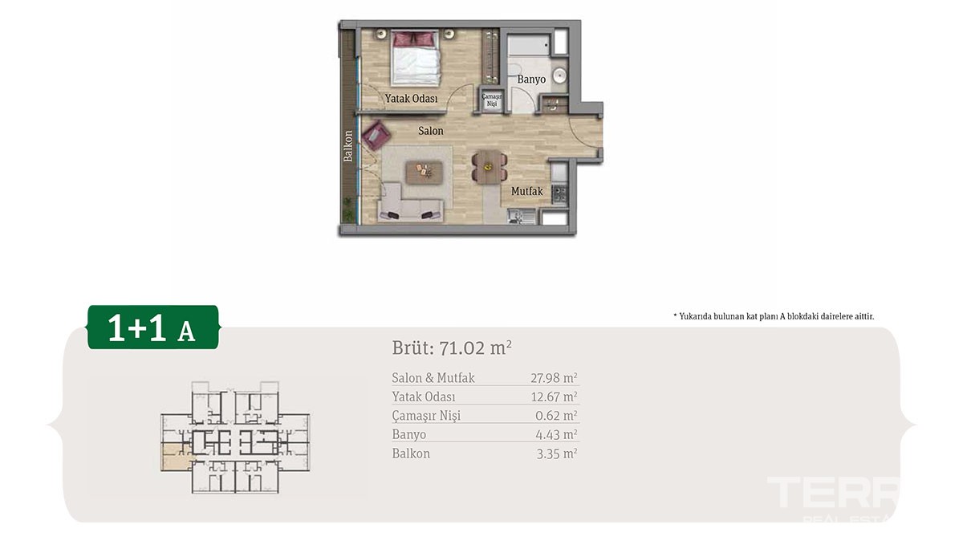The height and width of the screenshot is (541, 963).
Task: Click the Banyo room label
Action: pos(531,79)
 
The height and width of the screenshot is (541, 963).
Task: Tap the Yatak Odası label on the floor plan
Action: pos(411,99)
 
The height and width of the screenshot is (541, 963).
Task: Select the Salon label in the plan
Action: pos(431,131)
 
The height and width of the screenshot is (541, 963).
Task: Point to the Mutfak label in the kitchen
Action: pos(527,191)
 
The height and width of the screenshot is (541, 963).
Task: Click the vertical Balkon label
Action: pos(347,146)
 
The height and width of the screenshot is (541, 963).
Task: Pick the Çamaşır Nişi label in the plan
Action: pos(491,100)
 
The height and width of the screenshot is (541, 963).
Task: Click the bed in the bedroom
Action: pos(416,58)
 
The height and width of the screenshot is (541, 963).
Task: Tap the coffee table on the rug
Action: pos(425,172)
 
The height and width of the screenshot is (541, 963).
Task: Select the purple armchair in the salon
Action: pos(376,136)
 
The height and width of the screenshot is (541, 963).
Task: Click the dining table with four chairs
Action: pos(490,167)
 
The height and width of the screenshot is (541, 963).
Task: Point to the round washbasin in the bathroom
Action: pos(560,76)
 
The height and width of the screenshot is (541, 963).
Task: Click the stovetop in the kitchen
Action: pos(559,194)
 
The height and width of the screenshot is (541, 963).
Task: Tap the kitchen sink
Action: pos(521,216)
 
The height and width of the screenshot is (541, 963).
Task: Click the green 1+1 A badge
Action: pos(153,327)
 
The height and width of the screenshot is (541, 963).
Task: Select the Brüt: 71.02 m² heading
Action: pos(452,348)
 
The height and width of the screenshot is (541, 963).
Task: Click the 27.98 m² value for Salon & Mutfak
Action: pos(554,378)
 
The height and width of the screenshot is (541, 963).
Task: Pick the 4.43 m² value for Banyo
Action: pos(556,435)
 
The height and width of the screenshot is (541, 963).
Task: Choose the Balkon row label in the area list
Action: pos(411,454)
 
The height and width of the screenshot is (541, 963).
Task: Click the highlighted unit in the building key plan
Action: pos(176,458)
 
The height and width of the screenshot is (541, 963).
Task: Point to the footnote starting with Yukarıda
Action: pos(774,316)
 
